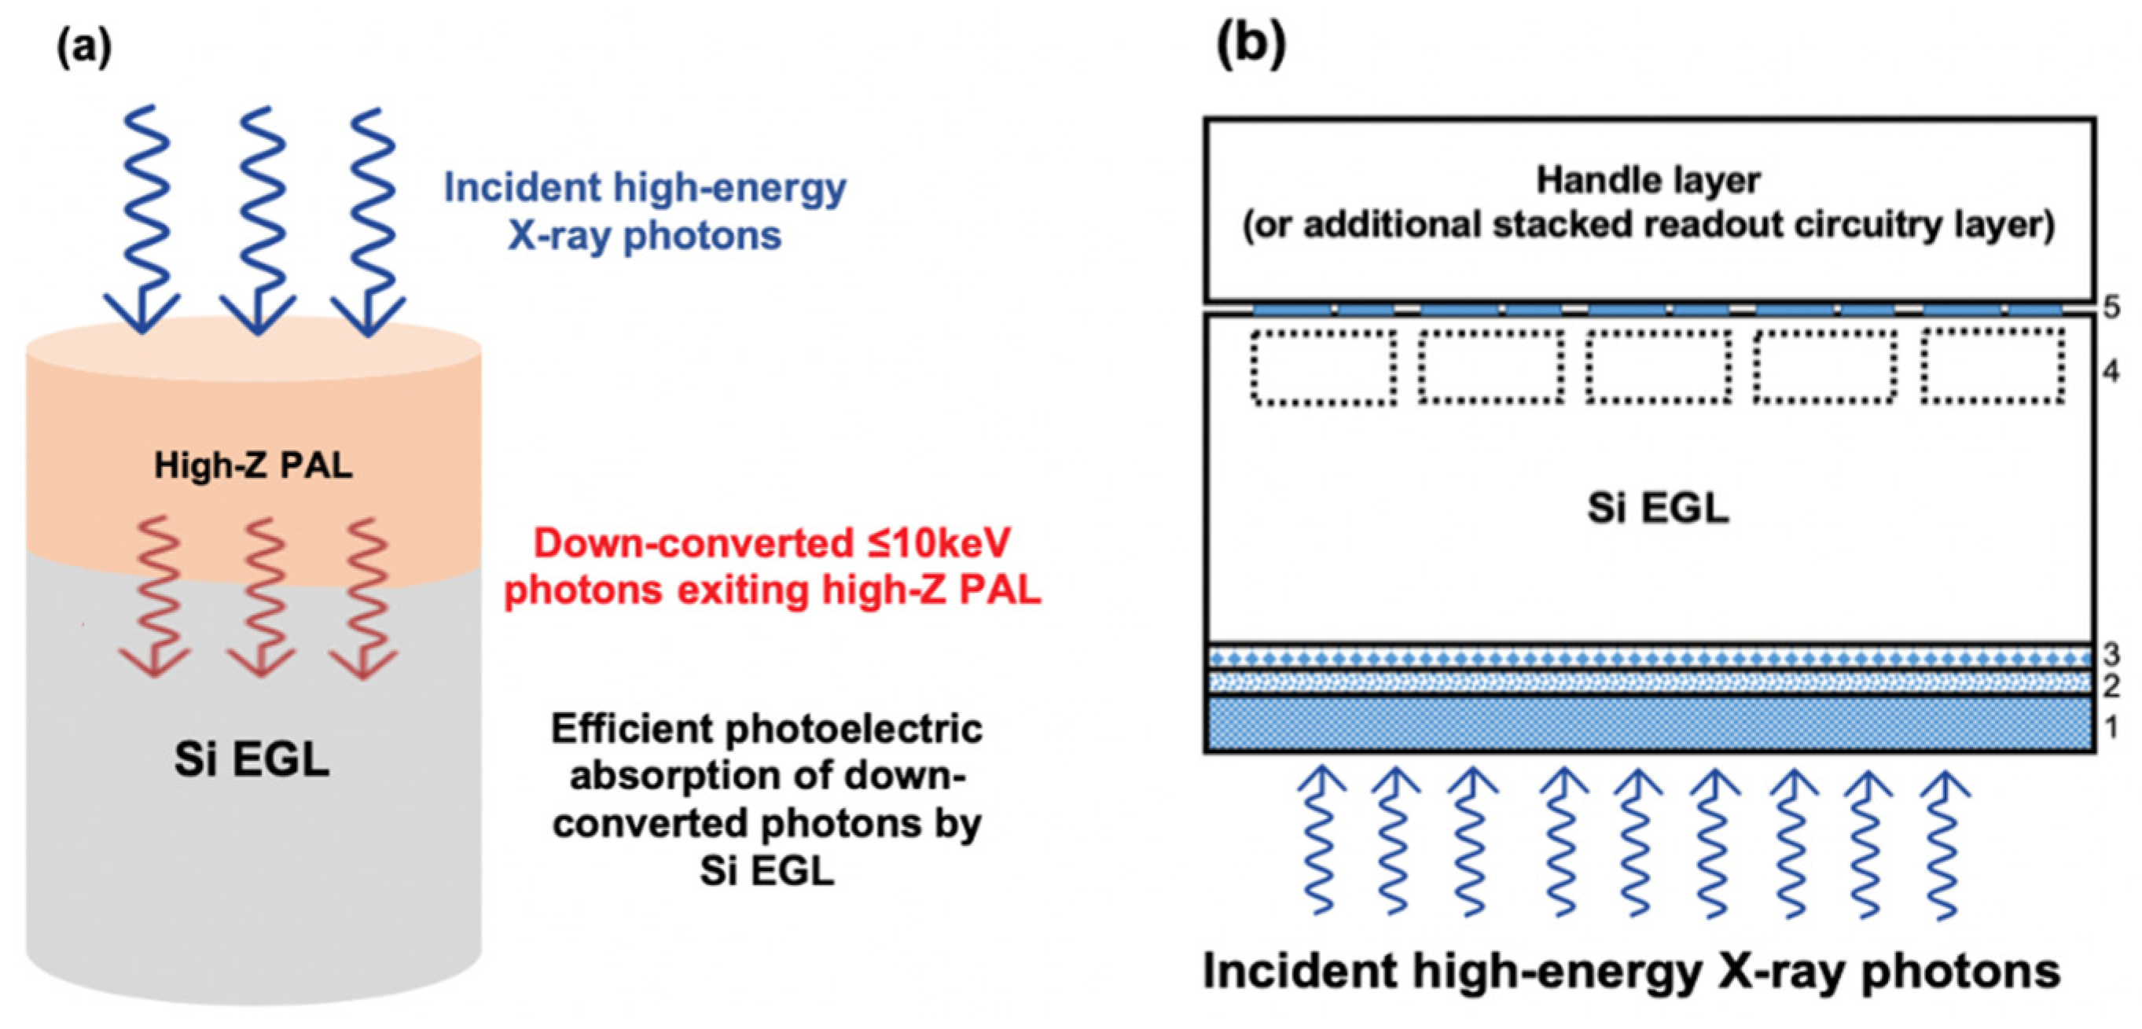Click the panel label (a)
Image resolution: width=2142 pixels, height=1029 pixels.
pos(84,48)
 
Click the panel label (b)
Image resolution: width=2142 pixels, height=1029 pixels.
pos(1251,43)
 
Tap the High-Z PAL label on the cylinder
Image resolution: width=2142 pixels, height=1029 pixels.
pos(254,466)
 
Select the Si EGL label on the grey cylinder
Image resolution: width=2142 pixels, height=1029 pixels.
pos(252,759)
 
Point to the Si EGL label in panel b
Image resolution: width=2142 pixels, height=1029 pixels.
pos(1658,508)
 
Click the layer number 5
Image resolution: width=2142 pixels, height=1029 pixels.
pos(2112,308)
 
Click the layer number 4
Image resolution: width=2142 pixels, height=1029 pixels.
pos(2112,371)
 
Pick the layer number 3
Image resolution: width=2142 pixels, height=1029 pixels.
pos(2112,654)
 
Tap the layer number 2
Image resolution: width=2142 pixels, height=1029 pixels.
pos(2112,686)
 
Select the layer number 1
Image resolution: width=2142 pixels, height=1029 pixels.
pos(2112,728)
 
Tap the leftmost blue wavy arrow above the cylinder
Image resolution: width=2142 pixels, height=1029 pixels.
pos(143,219)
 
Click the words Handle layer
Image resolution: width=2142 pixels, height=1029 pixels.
pos(1648,181)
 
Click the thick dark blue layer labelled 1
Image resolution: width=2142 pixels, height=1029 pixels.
pos(1650,724)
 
